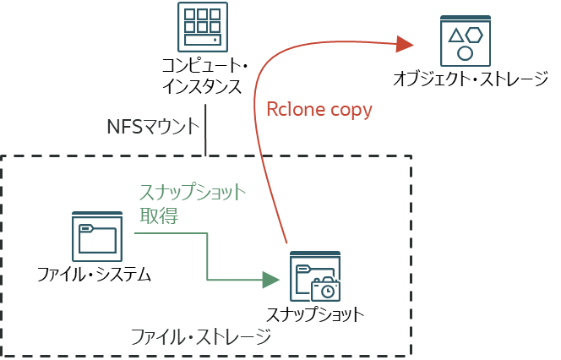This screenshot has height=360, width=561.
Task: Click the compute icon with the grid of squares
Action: coord(203,26)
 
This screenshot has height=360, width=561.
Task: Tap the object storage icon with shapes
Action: coord(465,41)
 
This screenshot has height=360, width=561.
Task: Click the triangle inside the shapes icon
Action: coord(455,35)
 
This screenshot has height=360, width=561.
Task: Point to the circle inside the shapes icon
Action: coord(465,52)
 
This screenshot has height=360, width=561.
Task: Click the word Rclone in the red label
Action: coord(292,110)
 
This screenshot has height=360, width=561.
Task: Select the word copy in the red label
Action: coord(348,111)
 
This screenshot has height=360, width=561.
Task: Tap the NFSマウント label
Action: coord(153,128)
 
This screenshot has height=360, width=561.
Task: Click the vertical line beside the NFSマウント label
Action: coord(206,129)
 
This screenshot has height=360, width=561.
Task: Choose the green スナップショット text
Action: coord(192,193)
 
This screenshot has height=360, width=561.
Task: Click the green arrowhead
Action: coord(270,279)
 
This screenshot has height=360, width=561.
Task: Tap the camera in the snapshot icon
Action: coord(325,290)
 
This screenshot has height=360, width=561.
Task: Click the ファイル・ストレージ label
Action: coord(201,337)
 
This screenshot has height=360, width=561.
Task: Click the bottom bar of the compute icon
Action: coord(203,41)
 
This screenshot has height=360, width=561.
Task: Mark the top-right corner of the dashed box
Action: coord(411,156)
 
